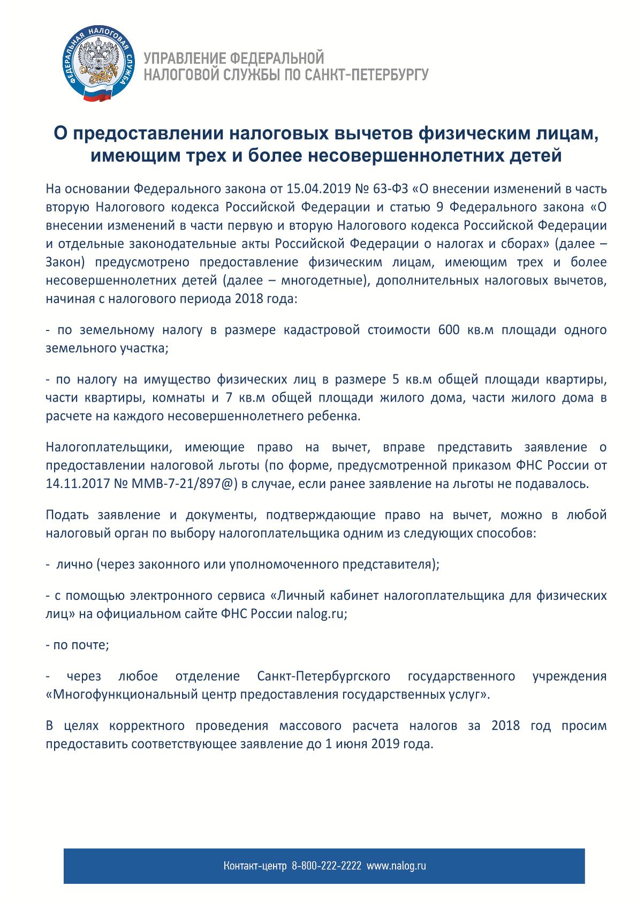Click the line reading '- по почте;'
click(x=78, y=645)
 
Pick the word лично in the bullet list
click(x=74, y=565)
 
